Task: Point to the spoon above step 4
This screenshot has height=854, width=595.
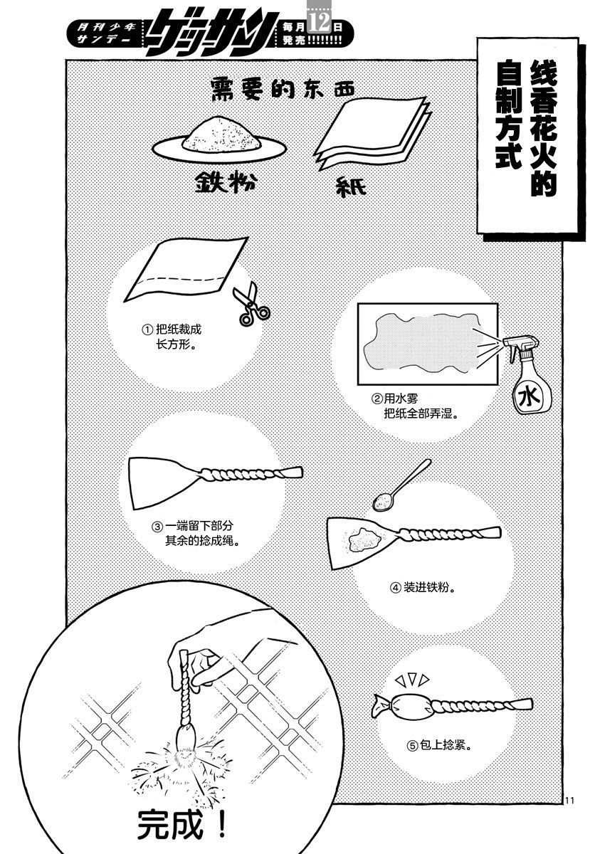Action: click(x=401, y=485)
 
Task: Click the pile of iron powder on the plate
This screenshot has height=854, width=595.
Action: click(x=221, y=135)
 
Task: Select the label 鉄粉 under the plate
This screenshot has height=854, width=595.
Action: click(x=225, y=183)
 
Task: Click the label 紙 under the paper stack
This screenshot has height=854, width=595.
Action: click(x=351, y=186)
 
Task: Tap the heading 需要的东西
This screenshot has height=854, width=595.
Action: click(x=283, y=88)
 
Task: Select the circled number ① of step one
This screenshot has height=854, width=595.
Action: click(x=147, y=330)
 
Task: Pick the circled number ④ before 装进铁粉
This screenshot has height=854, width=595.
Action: click(x=396, y=588)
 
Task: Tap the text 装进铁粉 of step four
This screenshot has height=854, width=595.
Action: click(x=426, y=587)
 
